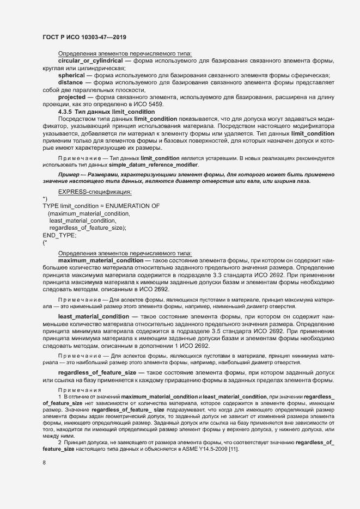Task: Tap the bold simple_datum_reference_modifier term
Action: pyautogui.click(x=161, y=164)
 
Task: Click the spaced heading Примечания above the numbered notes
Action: pyautogui.click(x=80, y=390)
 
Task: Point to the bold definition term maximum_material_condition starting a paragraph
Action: pyautogui.click(x=100, y=260)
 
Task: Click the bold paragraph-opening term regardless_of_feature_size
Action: pyautogui.click(x=97, y=372)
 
